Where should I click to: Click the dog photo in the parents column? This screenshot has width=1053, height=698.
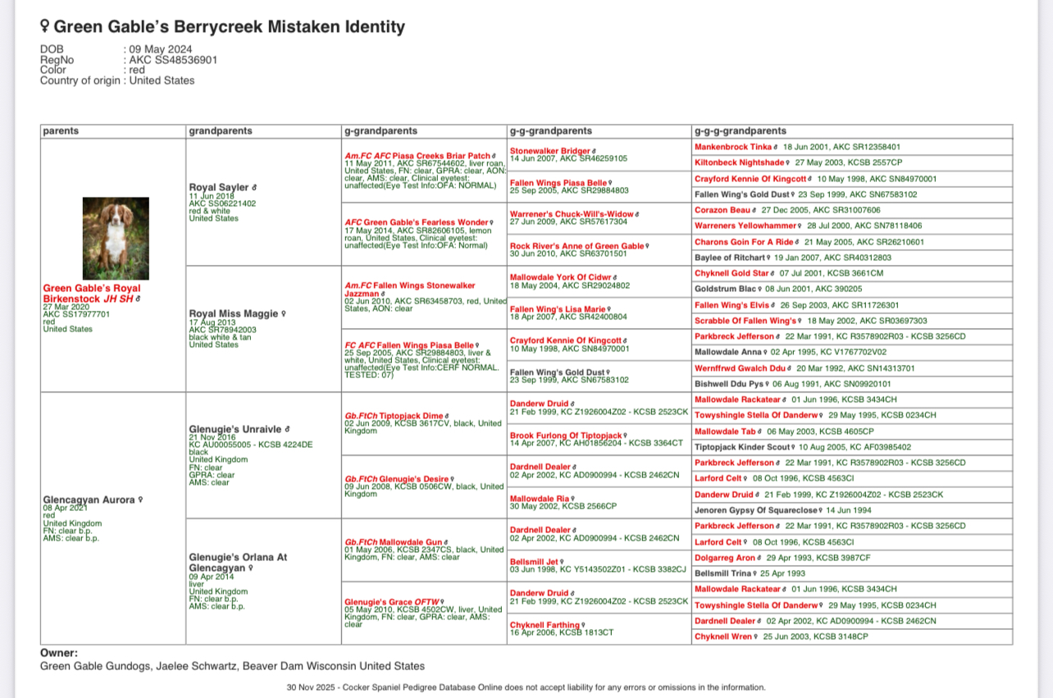click(116, 239)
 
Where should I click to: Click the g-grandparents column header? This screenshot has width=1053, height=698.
click(380, 131)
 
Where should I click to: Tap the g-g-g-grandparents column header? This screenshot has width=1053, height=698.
click(740, 131)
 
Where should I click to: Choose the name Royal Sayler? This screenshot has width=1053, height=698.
click(219, 188)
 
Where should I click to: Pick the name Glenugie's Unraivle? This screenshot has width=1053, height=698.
click(235, 429)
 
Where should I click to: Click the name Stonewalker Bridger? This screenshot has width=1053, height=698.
click(549, 151)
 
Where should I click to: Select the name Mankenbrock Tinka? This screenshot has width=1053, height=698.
click(732, 147)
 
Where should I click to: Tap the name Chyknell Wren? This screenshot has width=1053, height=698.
click(723, 636)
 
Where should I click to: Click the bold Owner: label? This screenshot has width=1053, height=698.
click(59, 653)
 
